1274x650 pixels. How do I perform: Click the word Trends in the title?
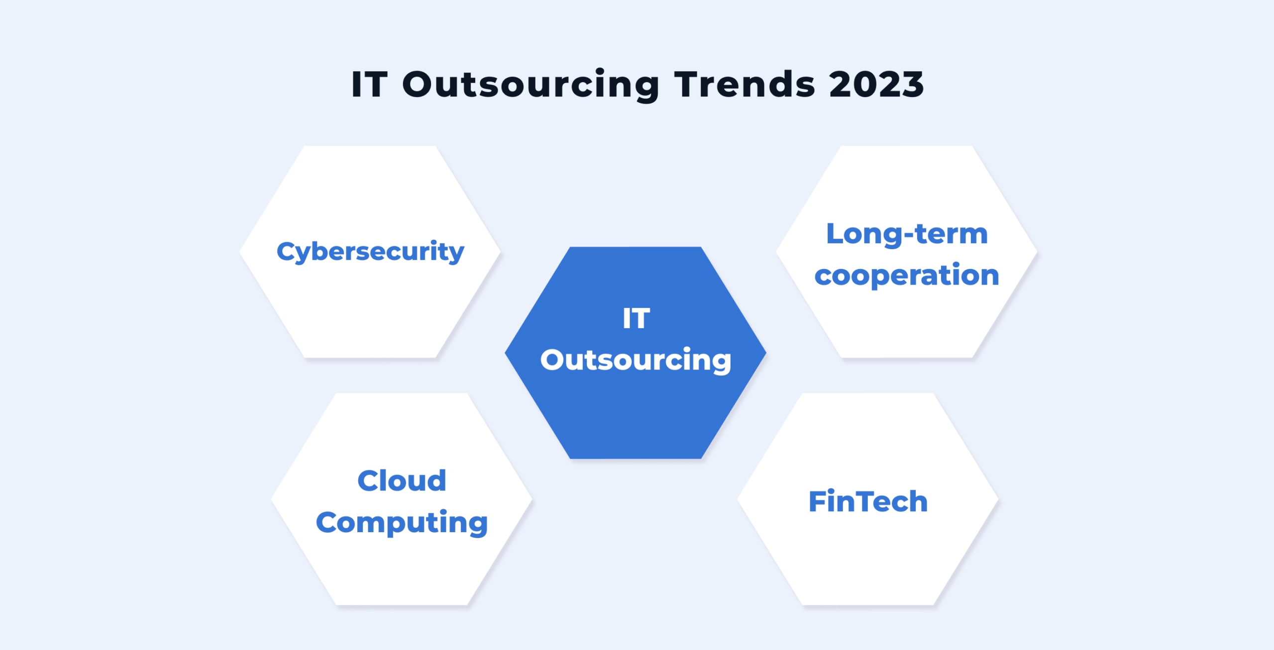tap(744, 85)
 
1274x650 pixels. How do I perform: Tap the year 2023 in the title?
tap(876, 85)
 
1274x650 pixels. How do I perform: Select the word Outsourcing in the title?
tap(531, 85)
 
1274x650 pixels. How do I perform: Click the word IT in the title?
tap(369, 85)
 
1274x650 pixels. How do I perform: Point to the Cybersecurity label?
tap(370, 252)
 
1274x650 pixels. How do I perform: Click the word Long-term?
tap(907, 234)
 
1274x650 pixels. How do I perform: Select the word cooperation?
tap(907, 275)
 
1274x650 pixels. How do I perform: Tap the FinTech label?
tap(868, 501)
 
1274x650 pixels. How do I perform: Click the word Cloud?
tap(402, 481)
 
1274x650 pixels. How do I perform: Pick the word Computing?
tap(402, 523)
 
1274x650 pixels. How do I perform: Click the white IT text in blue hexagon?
tap(636, 318)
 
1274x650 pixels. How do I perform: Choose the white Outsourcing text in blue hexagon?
tap(636, 360)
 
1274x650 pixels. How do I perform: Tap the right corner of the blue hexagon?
tap(765, 353)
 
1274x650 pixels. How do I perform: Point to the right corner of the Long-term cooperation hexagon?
tap(1036, 252)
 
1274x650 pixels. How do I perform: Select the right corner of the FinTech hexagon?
tap(997, 499)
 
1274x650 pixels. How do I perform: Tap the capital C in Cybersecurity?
tap(286, 251)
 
